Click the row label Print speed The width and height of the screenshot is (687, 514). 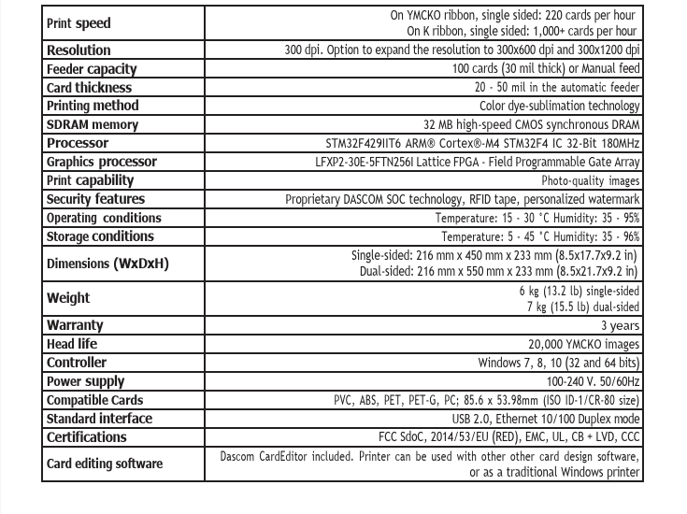(x=79, y=23)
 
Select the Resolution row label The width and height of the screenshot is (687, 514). (x=79, y=50)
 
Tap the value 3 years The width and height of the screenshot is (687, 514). (x=621, y=326)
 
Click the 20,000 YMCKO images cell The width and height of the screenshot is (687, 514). (x=584, y=344)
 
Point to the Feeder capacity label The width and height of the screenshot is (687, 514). (x=92, y=69)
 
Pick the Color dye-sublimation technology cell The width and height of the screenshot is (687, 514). (x=559, y=107)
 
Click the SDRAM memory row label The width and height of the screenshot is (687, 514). (x=93, y=125)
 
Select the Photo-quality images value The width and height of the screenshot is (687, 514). (x=591, y=181)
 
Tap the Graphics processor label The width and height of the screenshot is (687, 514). (x=102, y=162)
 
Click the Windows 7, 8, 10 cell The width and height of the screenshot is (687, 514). (x=559, y=363)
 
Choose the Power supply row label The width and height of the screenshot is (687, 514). (x=86, y=381)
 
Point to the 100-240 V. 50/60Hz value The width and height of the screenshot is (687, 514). (x=593, y=382)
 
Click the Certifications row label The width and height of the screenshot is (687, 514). (x=87, y=437)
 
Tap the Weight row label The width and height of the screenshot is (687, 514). (x=68, y=298)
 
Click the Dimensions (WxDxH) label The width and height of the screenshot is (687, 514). (x=107, y=264)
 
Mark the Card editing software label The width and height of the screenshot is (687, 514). (x=105, y=464)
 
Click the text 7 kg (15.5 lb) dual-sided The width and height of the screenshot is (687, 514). (x=583, y=307)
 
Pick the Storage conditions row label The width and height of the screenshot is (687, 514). (x=100, y=236)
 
